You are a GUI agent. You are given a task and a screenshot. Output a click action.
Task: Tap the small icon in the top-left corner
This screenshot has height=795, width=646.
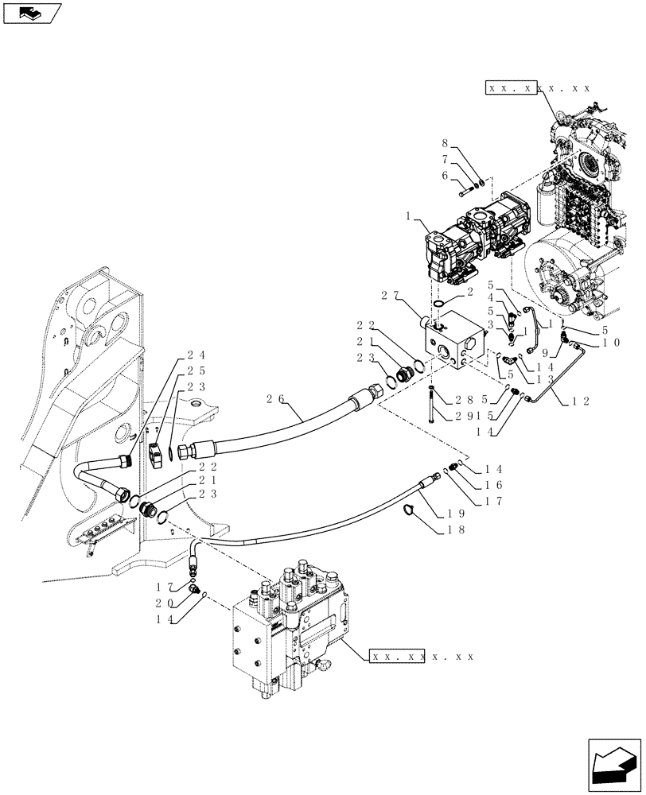tap(32, 14)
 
